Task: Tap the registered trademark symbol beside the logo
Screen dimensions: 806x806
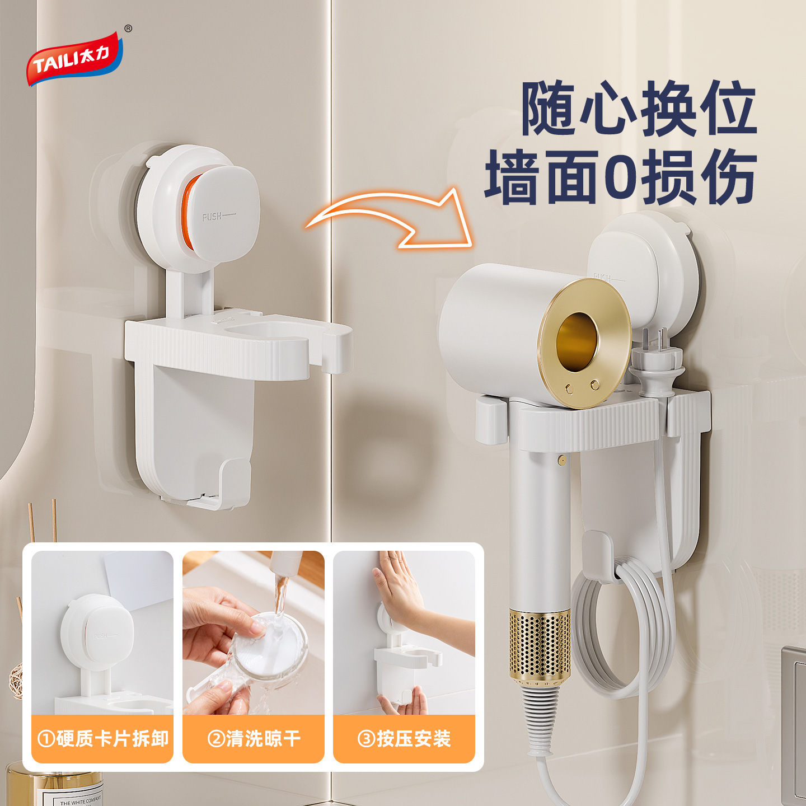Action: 128,29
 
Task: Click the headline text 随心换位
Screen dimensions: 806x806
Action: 639,109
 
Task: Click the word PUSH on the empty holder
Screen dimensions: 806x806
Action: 212,216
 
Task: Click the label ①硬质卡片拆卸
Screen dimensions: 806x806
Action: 102,739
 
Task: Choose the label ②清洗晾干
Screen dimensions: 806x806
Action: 254,739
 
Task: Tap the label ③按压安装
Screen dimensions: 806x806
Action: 404,739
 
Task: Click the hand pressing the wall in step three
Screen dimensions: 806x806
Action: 400,588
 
